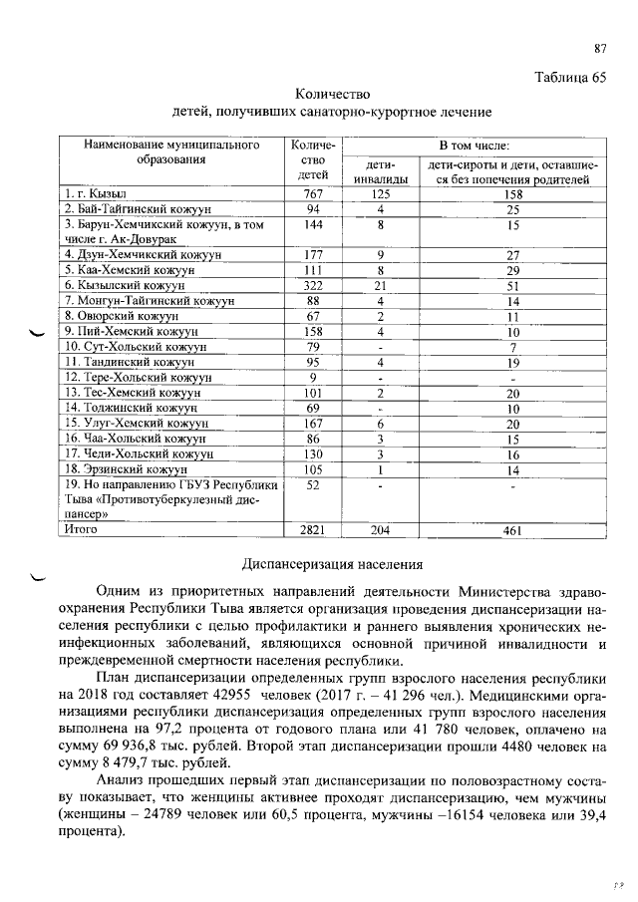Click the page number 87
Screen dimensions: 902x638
[600, 48]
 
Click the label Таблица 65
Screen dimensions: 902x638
[570, 78]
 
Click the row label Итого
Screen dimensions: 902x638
[81, 530]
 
